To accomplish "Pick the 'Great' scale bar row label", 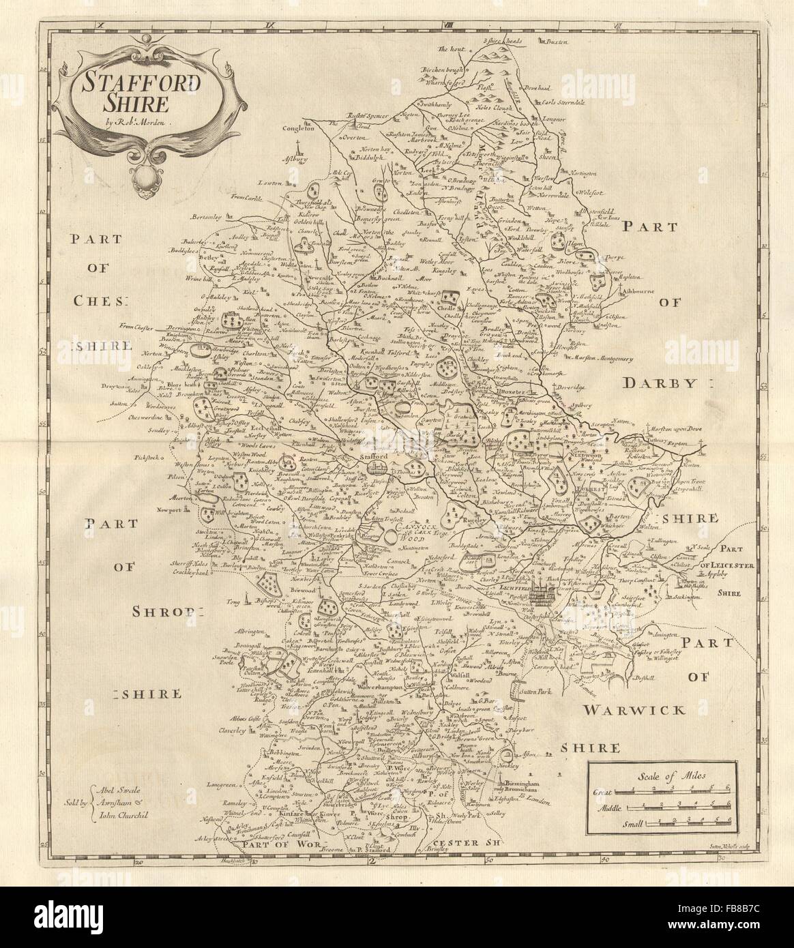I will point(602,791).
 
